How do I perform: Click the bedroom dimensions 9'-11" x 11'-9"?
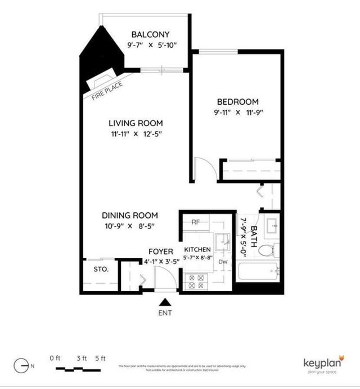pos(237,113)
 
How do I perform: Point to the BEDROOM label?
pos(238,102)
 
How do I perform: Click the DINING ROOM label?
pos(129,215)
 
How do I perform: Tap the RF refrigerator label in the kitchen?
pos(196,222)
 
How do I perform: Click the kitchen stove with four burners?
pos(196,281)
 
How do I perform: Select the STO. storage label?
pos(101,269)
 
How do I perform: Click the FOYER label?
pos(160,251)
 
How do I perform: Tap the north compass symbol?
pos(21,365)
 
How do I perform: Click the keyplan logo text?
pos(321,363)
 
